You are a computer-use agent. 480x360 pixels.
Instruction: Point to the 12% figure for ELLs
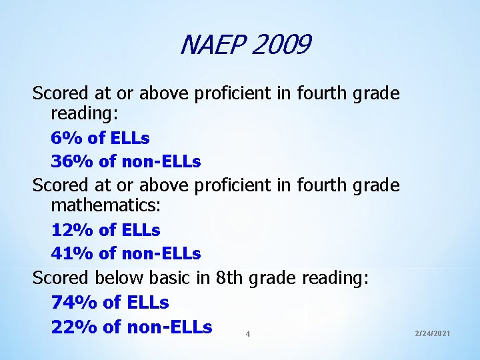(73, 230)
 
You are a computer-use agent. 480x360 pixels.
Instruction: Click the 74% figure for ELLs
(73, 302)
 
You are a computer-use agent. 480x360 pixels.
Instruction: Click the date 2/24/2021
(432, 332)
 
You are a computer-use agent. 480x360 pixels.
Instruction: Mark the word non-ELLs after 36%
(163, 161)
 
